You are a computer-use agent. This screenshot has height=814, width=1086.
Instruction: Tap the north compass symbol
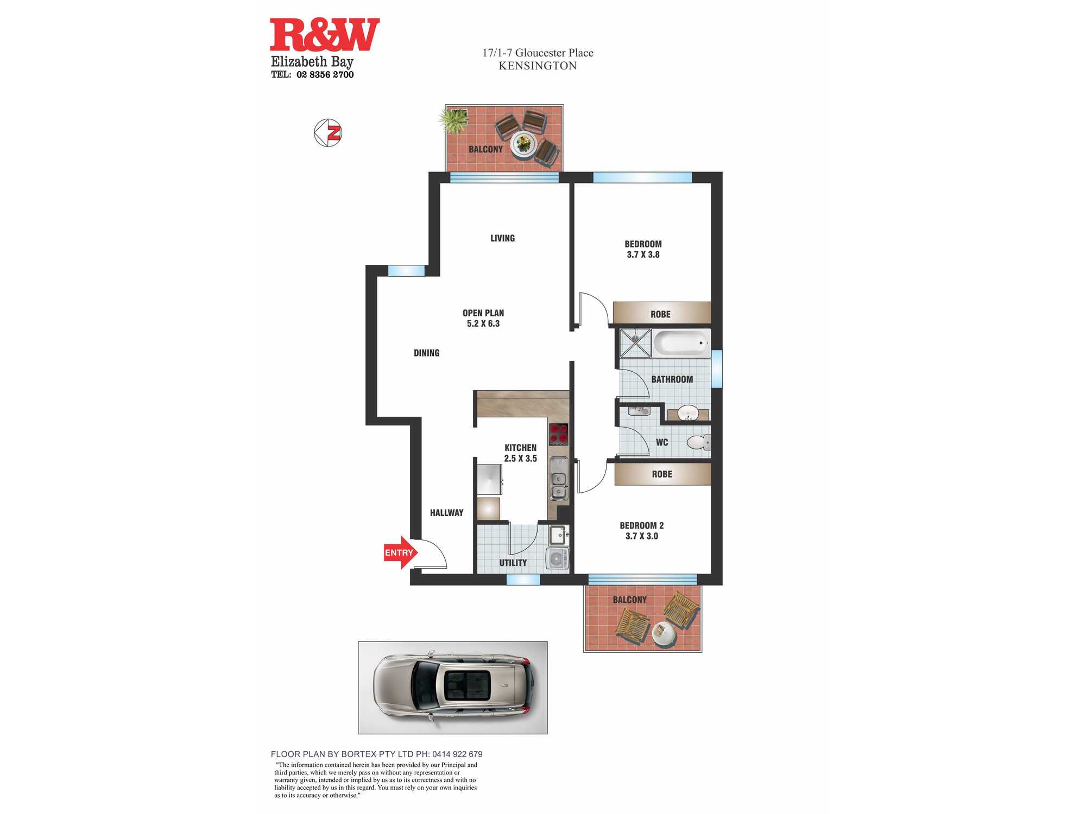[328, 132]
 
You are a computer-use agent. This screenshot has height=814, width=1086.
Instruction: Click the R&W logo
[325, 34]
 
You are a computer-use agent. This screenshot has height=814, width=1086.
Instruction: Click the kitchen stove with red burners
[559, 434]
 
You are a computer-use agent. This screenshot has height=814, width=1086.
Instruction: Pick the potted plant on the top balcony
[454, 120]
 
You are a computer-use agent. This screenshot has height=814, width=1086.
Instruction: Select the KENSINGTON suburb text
[538, 66]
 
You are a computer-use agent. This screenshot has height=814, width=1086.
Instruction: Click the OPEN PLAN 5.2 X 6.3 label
[483, 318]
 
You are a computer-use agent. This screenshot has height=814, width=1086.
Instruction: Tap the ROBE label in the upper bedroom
[660, 314]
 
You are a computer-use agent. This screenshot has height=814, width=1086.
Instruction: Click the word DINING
[427, 353]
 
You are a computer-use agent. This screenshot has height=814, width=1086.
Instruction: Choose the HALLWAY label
[447, 513]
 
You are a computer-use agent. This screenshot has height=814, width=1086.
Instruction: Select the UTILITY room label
[513, 563]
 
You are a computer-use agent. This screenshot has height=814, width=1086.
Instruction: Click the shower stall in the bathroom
[636, 343]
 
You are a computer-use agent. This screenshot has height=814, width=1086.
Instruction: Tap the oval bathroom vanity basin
[688, 413]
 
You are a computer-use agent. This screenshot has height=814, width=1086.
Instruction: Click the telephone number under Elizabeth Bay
[313, 75]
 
